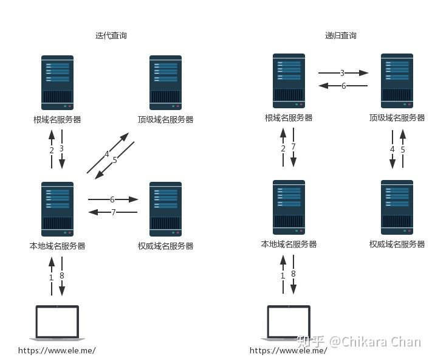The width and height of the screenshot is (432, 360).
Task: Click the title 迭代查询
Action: click(x=111, y=35)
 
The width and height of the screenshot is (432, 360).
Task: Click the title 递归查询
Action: click(x=340, y=35)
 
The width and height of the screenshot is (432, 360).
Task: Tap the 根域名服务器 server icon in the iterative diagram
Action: click(x=57, y=83)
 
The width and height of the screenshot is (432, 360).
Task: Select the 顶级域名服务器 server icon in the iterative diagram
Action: click(x=166, y=83)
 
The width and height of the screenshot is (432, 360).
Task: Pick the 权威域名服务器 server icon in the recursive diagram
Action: click(x=397, y=207)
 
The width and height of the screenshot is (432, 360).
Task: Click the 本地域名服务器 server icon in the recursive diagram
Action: click(x=289, y=207)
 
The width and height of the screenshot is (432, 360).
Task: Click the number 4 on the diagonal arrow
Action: click(x=106, y=154)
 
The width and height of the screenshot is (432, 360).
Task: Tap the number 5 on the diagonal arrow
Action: click(x=115, y=160)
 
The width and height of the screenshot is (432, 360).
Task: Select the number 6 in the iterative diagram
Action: click(x=112, y=199)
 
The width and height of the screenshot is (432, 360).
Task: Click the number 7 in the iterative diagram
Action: click(x=113, y=212)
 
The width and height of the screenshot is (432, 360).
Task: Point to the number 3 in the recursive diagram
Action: click(x=342, y=73)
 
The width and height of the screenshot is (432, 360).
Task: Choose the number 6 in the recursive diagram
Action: click(x=343, y=86)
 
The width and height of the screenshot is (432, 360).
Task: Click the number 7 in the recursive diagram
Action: click(x=293, y=147)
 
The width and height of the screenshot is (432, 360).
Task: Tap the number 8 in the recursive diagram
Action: click(x=293, y=274)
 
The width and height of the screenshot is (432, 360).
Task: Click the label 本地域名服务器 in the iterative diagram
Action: click(x=57, y=246)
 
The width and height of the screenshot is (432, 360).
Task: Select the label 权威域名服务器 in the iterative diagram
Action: click(x=166, y=246)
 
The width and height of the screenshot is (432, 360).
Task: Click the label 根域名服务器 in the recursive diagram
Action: click(x=289, y=118)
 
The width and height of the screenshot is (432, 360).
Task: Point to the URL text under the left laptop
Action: click(x=57, y=351)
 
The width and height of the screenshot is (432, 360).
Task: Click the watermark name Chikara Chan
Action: click(x=382, y=342)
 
